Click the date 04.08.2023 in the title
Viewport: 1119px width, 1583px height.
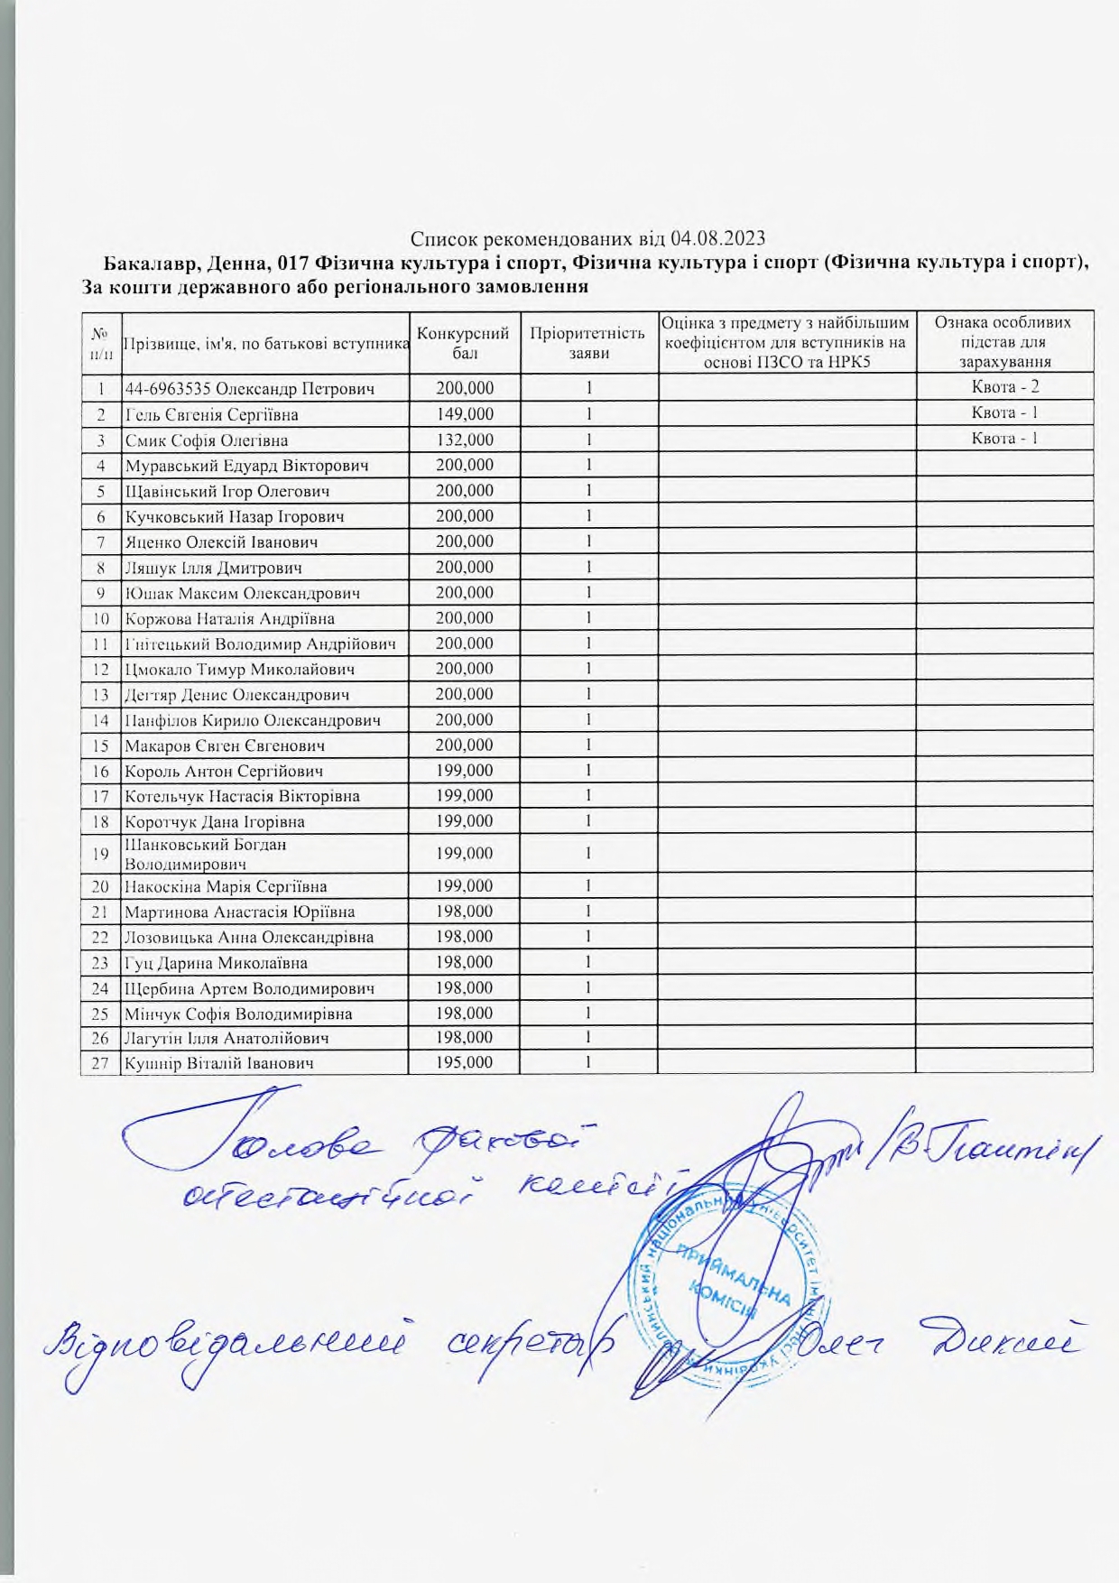point(718,238)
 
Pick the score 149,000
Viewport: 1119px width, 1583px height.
point(464,414)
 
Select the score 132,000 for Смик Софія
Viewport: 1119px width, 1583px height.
point(464,440)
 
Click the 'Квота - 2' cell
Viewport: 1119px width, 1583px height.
point(1004,388)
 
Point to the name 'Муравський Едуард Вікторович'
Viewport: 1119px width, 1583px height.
point(246,466)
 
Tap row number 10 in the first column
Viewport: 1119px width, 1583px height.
point(100,619)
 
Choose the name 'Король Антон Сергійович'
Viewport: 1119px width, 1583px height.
point(224,772)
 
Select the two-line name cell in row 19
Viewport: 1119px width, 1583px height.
point(206,854)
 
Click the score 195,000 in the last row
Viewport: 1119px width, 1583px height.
point(464,1063)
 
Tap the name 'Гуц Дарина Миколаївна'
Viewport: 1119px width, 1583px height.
point(216,963)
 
